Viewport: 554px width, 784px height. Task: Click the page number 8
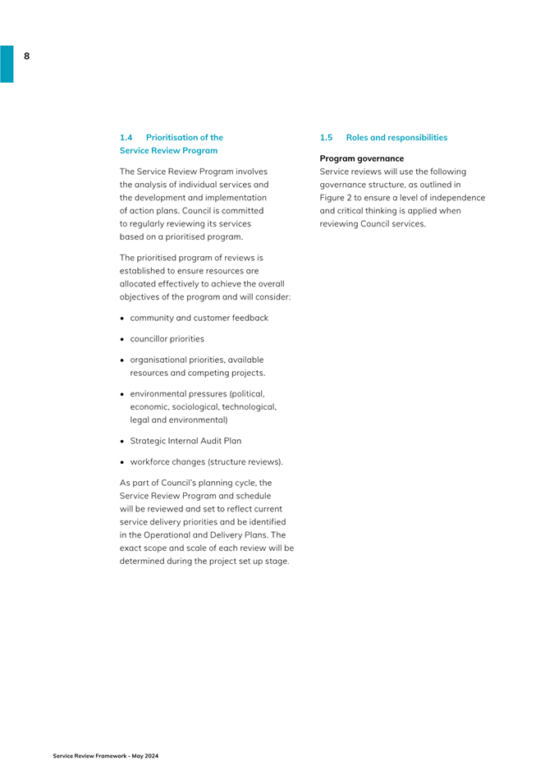[x=26, y=56]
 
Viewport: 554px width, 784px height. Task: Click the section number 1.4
[x=126, y=138]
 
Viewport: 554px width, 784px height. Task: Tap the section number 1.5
[x=327, y=138]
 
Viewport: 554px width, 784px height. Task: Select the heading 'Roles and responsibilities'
[x=396, y=138]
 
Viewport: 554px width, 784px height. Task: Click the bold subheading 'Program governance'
[x=362, y=158]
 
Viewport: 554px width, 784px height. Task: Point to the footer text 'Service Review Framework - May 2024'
[x=106, y=754]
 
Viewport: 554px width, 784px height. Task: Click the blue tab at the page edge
[x=7, y=63]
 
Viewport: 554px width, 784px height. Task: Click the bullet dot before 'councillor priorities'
[x=123, y=338]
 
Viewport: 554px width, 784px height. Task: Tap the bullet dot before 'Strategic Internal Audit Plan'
[x=123, y=440]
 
